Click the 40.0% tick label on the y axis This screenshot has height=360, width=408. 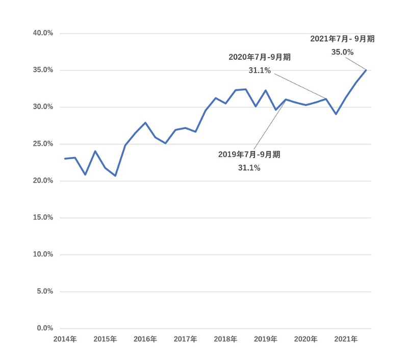tap(43, 33)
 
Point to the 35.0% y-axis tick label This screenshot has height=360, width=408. tap(43, 70)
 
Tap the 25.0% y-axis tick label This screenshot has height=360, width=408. tap(43, 144)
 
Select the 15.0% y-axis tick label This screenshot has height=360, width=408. tap(43, 218)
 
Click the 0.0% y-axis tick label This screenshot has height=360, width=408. tap(44, 328)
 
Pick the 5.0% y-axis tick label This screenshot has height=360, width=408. tap(44, 292)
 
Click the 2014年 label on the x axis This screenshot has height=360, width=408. tap(65, 339)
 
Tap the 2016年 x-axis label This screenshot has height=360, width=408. tap(145, 339)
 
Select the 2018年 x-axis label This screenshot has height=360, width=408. tap(225, 339)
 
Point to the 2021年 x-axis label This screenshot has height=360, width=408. tap(346, 339)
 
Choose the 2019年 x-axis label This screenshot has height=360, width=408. tap(266, 339)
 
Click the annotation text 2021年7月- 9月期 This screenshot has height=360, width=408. tap(342, 39)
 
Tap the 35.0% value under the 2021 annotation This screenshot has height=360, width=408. tap(342, 52)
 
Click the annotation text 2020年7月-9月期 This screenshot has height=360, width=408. tap(260, 57)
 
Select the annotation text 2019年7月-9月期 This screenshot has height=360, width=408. tap(249, 155)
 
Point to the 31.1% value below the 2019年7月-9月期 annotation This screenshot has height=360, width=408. tap(249, 168)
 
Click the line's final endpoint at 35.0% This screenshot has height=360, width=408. tap(366, 70)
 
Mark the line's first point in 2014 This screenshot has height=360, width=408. tap(65, 159)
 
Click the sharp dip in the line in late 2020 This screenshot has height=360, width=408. tap(336, 114)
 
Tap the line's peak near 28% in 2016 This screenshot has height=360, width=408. tap(145, 122)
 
